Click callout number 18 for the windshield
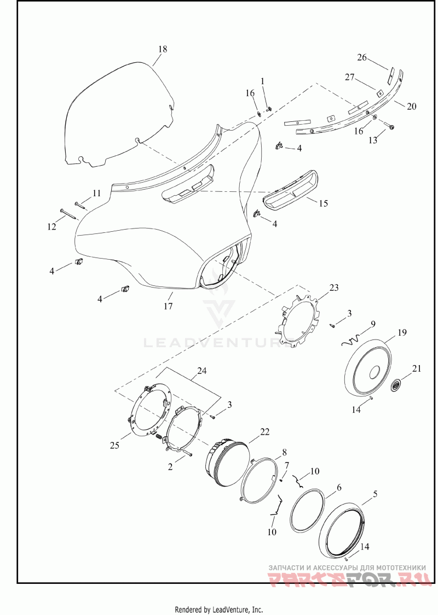point(163,49)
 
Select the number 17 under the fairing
point(168,306)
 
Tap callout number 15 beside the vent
point(323,203)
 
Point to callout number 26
point(362,57)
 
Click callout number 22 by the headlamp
point(265,432)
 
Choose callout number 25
point(115,446)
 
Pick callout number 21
point(417,368)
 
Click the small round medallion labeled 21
point(396,385)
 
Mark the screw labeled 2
point(187,453)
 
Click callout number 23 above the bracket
point(333,288)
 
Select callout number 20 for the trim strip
point(411,106)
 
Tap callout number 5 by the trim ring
point(376,494)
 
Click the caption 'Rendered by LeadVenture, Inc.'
point(218,610)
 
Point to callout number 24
point(202,371)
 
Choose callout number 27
point(350,77)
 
